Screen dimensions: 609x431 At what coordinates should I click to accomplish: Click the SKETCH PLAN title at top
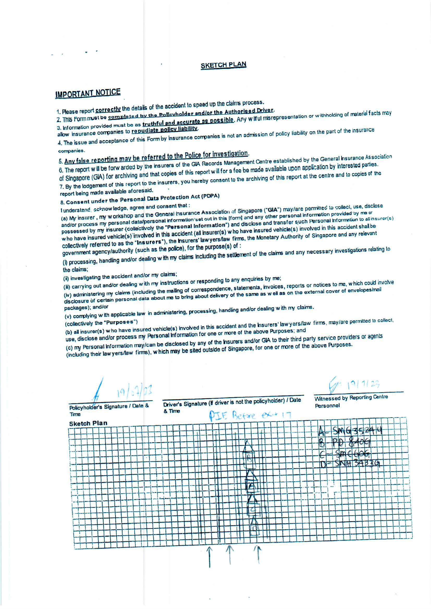(224, 65)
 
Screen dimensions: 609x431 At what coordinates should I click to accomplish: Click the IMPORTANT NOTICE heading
(88, 93)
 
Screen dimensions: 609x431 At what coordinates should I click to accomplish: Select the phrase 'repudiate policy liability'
(164, 130)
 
